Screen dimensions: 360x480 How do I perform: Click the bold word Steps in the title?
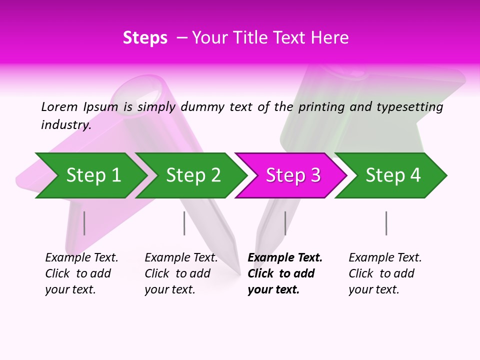[x=145, y=38]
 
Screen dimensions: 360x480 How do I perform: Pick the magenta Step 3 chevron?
[x=293, y=175]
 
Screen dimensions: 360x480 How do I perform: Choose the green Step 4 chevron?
[x=393, y=175]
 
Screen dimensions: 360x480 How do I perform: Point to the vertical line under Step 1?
[x=84, y=223]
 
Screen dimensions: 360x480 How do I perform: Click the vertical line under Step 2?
[x=184, y=223]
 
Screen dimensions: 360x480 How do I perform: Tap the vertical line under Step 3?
[x=285, y=223]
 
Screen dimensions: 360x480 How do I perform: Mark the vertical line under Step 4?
[x=386, y=223]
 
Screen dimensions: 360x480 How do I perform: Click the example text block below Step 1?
[x=81, y=273]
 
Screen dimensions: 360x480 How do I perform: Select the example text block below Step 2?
[x=181, y=273]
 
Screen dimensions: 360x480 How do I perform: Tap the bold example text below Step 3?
[x=284, y=273]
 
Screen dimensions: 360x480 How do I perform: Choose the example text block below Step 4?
[x=385, y=273]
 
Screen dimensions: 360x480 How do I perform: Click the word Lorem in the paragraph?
[x=59, y=106]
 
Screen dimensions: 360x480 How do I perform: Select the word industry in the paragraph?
[x=66, y=124]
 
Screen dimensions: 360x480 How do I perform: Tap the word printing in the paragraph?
[x=321, y=107]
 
